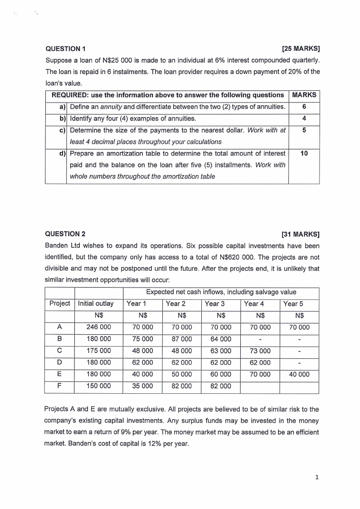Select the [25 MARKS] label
[x=301, y=49]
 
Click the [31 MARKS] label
[x=301, y=235]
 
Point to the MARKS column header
[x=304, y=95]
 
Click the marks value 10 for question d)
[x=304, y=154]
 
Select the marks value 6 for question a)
[x=304, y=107]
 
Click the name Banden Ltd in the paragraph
[x=62, y=246]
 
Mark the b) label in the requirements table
[x=62, y=119]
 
